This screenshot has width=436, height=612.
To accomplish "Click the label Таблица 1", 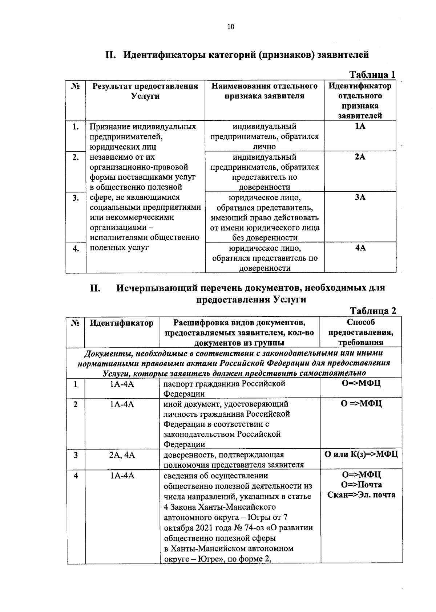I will click(x=372, y=74).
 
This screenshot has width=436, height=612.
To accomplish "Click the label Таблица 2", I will click(x=372, y=311).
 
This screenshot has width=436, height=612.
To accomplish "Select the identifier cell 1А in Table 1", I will click(x=360, y=126).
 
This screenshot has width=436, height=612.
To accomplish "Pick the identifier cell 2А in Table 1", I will click(x=360, y=157).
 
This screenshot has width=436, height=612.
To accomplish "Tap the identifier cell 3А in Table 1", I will click(x=360, y=197).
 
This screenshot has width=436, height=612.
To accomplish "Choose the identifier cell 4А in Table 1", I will click(x=360, y=248).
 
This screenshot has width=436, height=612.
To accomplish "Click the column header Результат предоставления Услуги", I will click(x=145, y=91).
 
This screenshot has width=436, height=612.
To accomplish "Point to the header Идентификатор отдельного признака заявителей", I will click(x=360, y=101).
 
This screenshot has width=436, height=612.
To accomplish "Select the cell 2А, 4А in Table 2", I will click(x=122, y=455).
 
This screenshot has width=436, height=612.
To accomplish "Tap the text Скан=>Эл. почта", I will click(x=361, y=495).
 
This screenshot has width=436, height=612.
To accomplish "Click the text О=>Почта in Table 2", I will click(x=361, y=485).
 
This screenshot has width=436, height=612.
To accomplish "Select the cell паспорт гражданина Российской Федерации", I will click(x=224, y=388).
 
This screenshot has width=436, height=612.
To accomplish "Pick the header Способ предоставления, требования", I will click(x=360, y=332).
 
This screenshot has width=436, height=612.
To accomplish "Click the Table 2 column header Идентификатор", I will click(x=122, y=323).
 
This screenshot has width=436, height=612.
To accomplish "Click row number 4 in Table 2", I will click(x=76, y=475).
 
